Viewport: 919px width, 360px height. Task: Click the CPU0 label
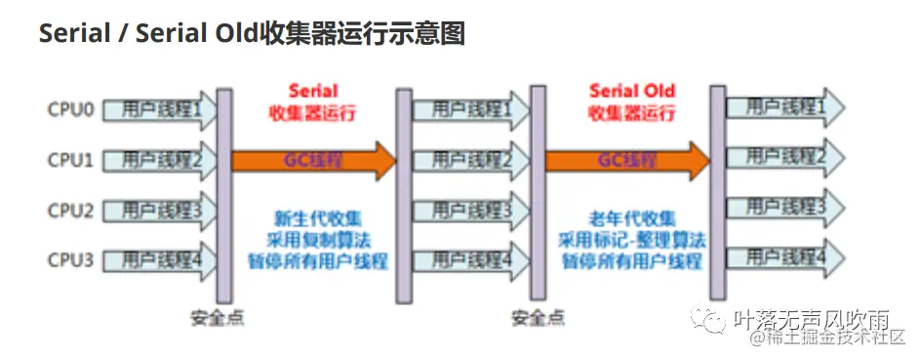point(71,109)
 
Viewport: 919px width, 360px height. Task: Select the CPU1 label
point(71,159)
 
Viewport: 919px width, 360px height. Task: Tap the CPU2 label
point(71,210)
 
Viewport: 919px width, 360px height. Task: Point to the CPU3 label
point(71,260)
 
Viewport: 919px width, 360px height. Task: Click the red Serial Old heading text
point(631,91)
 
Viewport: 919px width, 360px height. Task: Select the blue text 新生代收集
point(318,220)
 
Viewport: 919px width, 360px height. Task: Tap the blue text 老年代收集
point(631,220)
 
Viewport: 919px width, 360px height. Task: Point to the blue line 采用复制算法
point(318,240)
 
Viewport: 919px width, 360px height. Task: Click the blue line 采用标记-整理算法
point(631,240)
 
